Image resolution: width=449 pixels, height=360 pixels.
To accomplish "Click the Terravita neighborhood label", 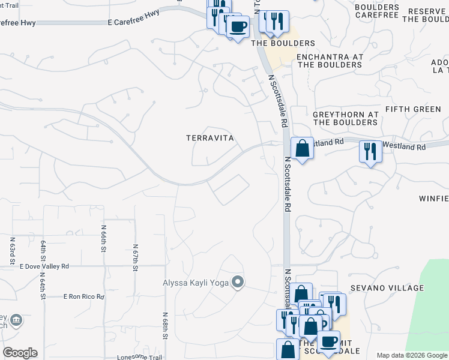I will pyautogui.click(x=209, y=138).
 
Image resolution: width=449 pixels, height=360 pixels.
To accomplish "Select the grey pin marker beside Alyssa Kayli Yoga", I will pyautogui.click(x=238, y=281).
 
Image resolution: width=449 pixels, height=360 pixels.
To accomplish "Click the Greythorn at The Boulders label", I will pyautogui.click(x=345, y=118).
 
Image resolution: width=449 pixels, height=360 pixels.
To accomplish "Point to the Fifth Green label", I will pyautogui.click(x=413, y=109).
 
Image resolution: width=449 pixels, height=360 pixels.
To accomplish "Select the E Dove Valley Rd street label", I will pyautogui.click(x=44, y=266).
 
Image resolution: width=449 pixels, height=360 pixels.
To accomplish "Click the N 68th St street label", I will pyautogui.click(x=164, y=325).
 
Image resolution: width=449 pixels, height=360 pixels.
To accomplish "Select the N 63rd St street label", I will pyautogui.click(x=12, y=250).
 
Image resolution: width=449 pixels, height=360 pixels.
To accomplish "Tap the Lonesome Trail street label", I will pyautogui.click(x=139, y=357).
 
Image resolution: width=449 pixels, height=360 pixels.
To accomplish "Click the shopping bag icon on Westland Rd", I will pyautogui.click(x=302, y=148).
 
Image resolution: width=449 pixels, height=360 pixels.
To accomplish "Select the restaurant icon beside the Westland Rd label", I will pyautogui.click(x=370, y=151).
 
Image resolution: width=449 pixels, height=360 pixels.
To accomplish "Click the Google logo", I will pyautogui.click(x=20, y=353).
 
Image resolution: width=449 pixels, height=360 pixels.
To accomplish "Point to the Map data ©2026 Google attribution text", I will pyautogui.click(x=412, y=355).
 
